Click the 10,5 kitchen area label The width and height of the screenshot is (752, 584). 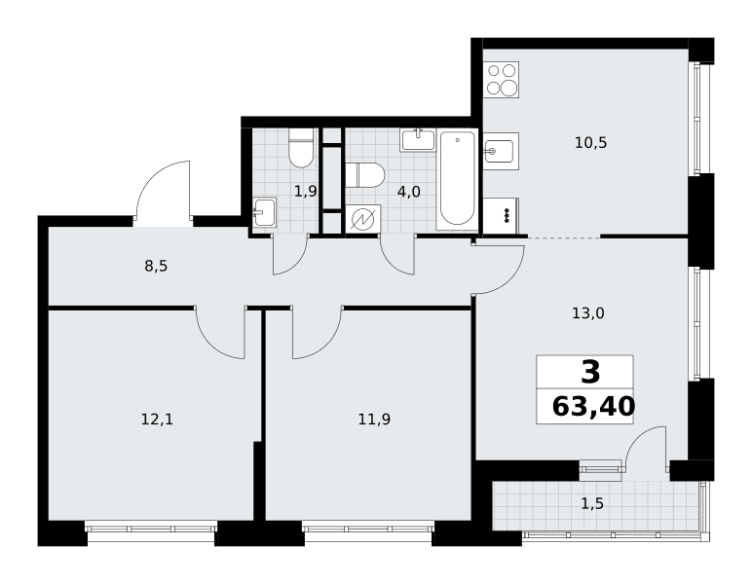click(x=591, y=143)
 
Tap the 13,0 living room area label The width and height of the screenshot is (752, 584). click(x=588, y=313)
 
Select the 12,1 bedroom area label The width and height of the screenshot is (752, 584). click(x=157, y=420)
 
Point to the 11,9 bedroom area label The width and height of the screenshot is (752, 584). click(x=374, y=420)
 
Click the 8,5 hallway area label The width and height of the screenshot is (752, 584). click(x=157, y=266)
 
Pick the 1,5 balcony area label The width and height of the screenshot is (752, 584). click(x=592, y=504)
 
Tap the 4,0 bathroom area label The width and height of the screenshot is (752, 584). click(x=408, y=192)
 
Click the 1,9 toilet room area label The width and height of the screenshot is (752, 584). click(x=306, y=192)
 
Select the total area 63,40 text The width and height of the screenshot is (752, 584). click(x=594, y=407)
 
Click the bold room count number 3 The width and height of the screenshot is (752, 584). click(x=590, y=372)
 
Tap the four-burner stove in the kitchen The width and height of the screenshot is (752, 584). click(x=502, y=80)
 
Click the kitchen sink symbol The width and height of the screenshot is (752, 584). click(x=502, y=151)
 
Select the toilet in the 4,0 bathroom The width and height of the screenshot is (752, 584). click(x=365, y=175)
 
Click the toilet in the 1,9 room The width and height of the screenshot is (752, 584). click(x=301, y=148)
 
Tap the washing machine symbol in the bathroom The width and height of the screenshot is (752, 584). click(x=363, y=219)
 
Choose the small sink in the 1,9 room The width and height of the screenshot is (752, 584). click(x=265, y=212)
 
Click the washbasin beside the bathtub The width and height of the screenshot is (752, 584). click(x=418, y=140)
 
